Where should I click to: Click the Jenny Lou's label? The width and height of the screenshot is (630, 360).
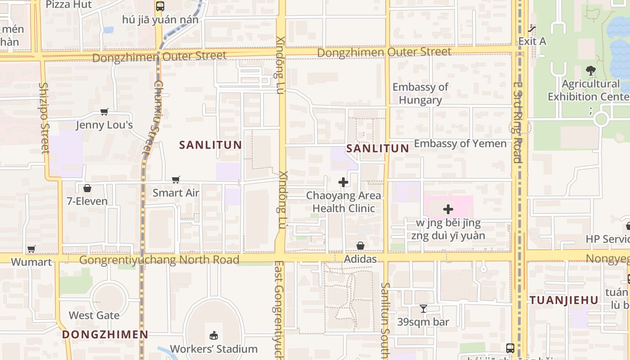[x=104, y=125]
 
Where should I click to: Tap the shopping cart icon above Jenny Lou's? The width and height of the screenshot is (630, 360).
[x=104, y=112]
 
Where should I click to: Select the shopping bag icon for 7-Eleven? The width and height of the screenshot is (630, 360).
[x=87, y=188]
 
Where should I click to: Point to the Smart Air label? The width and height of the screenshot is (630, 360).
[x=175, y=193]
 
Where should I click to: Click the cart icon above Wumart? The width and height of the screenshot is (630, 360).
[x=31, y=249]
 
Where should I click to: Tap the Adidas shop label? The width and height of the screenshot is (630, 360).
[x=360, y=259]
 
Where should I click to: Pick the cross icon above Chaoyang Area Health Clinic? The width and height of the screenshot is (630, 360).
[x=343, y=182]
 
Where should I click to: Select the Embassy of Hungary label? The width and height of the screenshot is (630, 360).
[x=420, y=93]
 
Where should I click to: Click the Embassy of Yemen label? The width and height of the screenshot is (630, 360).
[x=460, y=144]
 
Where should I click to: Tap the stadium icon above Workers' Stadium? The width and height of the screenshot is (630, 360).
[x=214, y=336]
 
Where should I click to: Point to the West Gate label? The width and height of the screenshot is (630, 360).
[x=94, y=315]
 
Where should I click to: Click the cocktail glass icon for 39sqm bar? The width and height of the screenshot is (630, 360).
[x=423, y=309]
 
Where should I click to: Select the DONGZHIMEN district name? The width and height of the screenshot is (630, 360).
[x=105, y=334]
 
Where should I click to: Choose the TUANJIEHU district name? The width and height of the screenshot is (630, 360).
[x=564, y=300]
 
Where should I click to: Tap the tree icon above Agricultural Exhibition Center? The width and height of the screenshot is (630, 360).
[x=590, y=71]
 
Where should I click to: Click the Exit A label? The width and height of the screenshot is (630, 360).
[x=532, y=41]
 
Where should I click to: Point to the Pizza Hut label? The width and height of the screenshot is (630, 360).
[x=69, y=4]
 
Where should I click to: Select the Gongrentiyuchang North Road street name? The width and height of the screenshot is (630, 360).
[x=159, y=260]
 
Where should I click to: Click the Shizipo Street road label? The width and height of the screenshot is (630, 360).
[x=44, y=117]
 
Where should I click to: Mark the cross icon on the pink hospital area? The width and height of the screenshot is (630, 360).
[x=448, y=209]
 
